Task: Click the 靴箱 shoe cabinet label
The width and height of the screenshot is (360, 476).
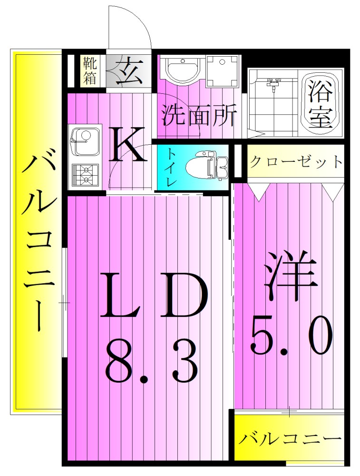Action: point(90,70)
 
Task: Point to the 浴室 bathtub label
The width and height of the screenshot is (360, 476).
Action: point(319,104)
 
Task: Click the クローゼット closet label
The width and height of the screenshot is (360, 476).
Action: point(295,162)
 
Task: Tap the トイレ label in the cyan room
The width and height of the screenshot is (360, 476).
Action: point(170,167)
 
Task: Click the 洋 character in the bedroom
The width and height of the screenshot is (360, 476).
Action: point(291,277)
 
